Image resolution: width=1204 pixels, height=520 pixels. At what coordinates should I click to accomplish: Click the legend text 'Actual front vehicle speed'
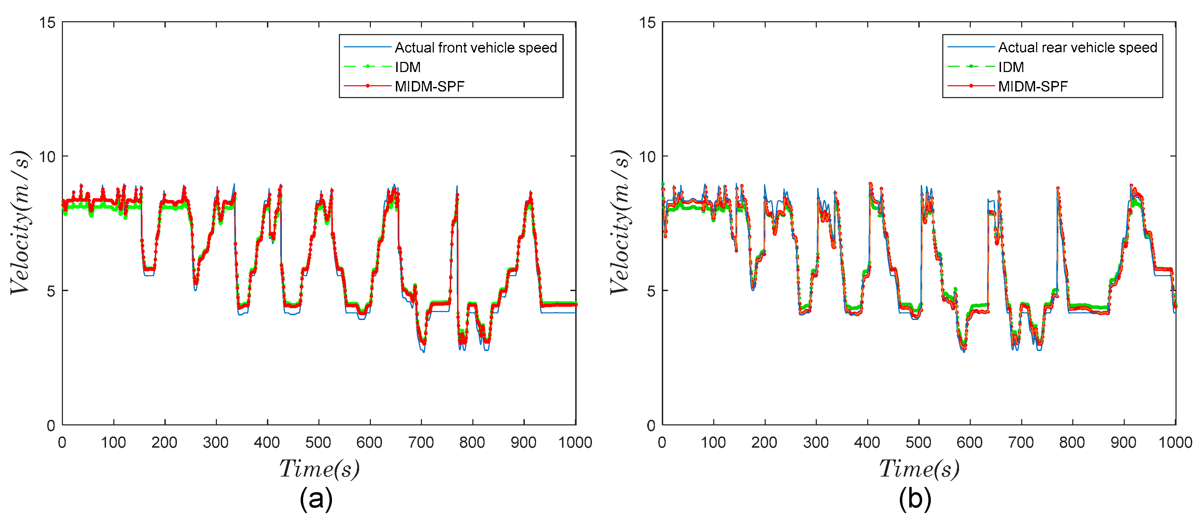(475, 48)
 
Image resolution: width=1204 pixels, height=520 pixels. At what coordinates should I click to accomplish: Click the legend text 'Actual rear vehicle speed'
(1077, 48)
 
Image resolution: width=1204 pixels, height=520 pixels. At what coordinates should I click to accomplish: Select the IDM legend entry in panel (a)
(408, 67)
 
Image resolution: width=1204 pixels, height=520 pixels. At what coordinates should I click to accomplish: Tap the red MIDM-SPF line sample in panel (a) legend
(367, 86)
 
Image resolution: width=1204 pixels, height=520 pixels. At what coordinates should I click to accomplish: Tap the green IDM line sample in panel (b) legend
(971, 67)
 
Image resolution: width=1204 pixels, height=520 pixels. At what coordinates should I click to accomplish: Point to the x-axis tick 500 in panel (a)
(318, 442)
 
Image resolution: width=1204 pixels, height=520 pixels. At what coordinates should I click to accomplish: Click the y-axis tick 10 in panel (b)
(647, 157)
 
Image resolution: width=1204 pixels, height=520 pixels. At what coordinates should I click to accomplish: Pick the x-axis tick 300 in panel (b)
(816, 442)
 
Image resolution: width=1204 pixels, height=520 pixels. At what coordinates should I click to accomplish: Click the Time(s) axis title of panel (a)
(319, 469)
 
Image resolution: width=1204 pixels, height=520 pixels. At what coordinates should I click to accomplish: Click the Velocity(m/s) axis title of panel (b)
(620, 222)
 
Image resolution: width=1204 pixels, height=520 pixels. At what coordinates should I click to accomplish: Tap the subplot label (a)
(316, 499)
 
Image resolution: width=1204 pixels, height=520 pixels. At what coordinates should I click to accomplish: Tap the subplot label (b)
(915, 499)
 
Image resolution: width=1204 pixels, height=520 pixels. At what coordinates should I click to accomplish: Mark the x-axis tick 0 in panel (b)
(662, 442)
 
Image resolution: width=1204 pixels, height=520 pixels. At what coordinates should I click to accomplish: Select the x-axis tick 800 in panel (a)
(472, 442)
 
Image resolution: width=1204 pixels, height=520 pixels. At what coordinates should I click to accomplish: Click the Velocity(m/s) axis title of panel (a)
(20, 222)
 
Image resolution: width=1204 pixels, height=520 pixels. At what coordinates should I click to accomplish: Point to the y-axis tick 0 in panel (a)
(51, 425)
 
